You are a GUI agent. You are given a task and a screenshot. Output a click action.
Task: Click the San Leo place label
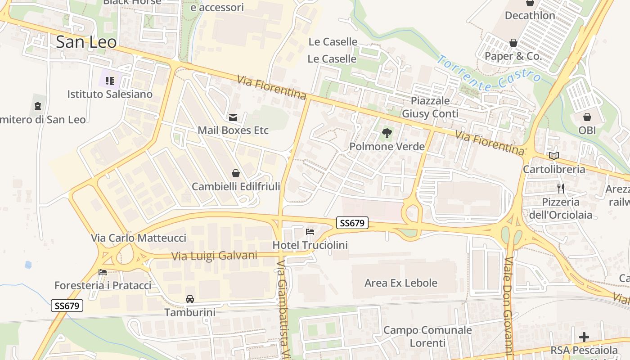[x=86, y=42]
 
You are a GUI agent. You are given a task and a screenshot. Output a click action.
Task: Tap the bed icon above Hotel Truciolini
[x=310, y=232]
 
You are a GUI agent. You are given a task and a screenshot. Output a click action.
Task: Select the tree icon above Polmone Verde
[x=387, y=133]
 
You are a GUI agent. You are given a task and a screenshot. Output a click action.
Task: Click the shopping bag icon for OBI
[x=587, y=117]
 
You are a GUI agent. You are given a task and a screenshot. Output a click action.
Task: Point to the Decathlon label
[x=530, y=15]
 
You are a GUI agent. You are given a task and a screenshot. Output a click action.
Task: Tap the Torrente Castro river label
[x=489, y=73]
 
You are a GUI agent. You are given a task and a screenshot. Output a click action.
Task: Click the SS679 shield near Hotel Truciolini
[x=352, y=222]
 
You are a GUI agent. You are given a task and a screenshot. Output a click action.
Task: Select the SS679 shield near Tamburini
[x=67, y=306]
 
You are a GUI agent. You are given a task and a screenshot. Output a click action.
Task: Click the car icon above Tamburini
[x=190, y=299]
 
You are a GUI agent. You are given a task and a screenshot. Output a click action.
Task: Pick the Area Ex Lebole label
[x=400, y=283]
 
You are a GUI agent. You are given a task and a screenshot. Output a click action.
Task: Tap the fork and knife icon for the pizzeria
[x=561, y=188]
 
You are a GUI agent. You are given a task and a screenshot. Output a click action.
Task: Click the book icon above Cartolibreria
[x=554, y=156]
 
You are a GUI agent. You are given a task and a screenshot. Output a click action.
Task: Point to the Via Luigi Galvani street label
[x=214, y=256]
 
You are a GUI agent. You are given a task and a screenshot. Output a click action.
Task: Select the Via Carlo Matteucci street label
[x=139, y=238]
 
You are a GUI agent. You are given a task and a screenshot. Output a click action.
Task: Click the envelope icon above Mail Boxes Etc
[x=233, y=117]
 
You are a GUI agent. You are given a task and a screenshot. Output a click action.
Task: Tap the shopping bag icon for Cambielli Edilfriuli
[x=235, y=173]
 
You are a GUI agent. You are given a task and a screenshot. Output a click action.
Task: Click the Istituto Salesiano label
[x=110, y=94]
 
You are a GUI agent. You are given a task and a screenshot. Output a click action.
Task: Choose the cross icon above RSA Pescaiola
[x=584, y=337]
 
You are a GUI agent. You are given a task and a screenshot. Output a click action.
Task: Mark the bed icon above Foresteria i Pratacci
[x=103, y=272]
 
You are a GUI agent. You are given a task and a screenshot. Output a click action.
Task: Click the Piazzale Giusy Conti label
[x=430, y=107]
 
